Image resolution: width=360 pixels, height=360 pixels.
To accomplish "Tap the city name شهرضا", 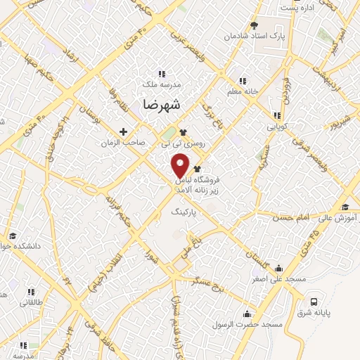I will [161, 105].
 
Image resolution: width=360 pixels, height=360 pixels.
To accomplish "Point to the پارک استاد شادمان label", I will [255, 35].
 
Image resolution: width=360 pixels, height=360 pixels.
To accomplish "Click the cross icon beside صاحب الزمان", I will [124, 131].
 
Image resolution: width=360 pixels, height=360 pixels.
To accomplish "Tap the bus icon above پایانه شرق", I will [313, 302].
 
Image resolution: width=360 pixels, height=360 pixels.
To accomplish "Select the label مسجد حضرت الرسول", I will [252, 325].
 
